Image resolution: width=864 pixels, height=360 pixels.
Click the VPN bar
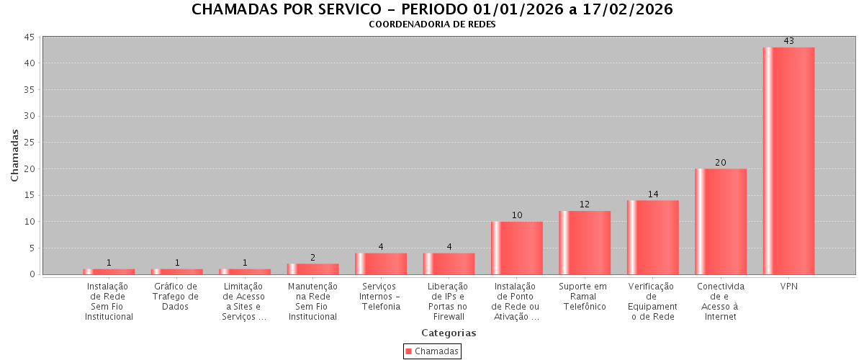tap(788, 161)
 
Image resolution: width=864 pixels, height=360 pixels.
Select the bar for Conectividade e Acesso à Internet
tap(721, 221)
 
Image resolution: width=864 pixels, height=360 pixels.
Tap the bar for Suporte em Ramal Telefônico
tap(585, 243)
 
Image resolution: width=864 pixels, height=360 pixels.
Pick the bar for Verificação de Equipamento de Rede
tap(653, 237)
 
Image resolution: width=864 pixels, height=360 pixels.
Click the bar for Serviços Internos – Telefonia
tap(381, 264)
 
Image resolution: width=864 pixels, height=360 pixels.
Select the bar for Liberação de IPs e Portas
tap(449, 264)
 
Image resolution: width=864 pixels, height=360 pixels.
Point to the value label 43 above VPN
tap(788, 41)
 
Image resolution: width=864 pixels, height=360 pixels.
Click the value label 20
tap(721, 163)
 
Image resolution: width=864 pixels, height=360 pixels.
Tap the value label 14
tap(653, 194)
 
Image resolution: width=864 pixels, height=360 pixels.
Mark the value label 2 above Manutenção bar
tap(312, 258)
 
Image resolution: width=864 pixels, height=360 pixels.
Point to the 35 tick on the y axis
tap(30, 90)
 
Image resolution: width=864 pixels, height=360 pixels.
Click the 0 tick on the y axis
tap(32, 274)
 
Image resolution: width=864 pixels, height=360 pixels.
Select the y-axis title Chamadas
tap(15, 155)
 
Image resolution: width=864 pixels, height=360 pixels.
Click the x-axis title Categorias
tap(449, 333)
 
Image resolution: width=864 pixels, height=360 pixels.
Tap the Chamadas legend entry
tap(432, 351)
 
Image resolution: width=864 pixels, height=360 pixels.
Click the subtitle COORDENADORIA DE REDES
tap(432, 24)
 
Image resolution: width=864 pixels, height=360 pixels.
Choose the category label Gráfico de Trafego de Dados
tap(176, 297)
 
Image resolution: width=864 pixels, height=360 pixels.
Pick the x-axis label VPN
tap(788, 287)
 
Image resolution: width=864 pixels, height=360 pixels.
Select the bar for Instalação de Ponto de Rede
tap(517, 248)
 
